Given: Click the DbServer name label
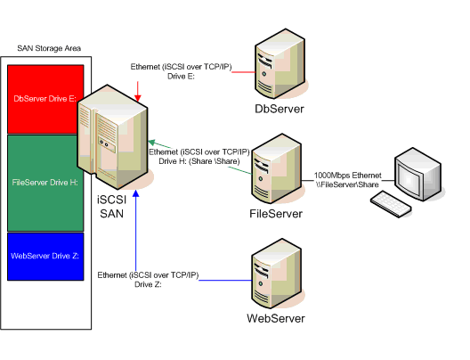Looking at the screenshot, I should pyautogui.click(x=280, y=109).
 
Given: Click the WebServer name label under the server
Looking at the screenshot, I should pyautogui.click(x=276, y=318).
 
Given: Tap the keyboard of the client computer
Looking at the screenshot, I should pyautogui.click(x=391, y=202).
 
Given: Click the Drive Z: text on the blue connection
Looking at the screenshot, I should pyautogui.click(x=148, y=285).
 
